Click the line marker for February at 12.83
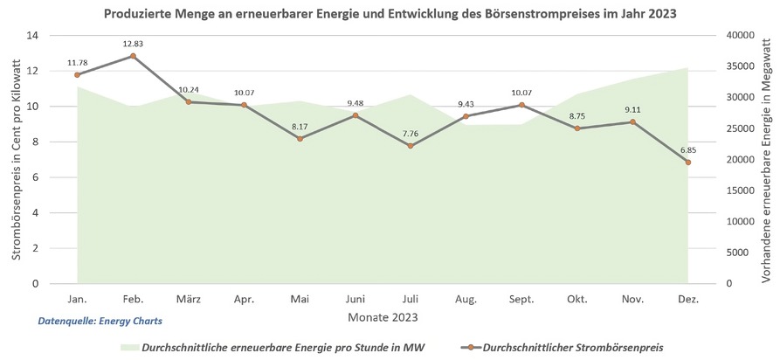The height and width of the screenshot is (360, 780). [x=133, y=56]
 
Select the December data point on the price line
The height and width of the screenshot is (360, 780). [x=688, y=163]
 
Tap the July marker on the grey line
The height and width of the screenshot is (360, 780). [x=411, y=146]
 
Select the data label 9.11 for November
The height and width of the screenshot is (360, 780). [x=632, y=108]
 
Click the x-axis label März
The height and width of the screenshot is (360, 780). [x=189, y=300]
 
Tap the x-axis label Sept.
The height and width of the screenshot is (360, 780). [x=521, y=300]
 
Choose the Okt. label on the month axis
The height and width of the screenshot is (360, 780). [x=577, y=300]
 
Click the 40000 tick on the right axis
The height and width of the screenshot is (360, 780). [x=742, y=36]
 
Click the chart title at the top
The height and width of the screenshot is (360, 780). [x=390, y=14]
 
